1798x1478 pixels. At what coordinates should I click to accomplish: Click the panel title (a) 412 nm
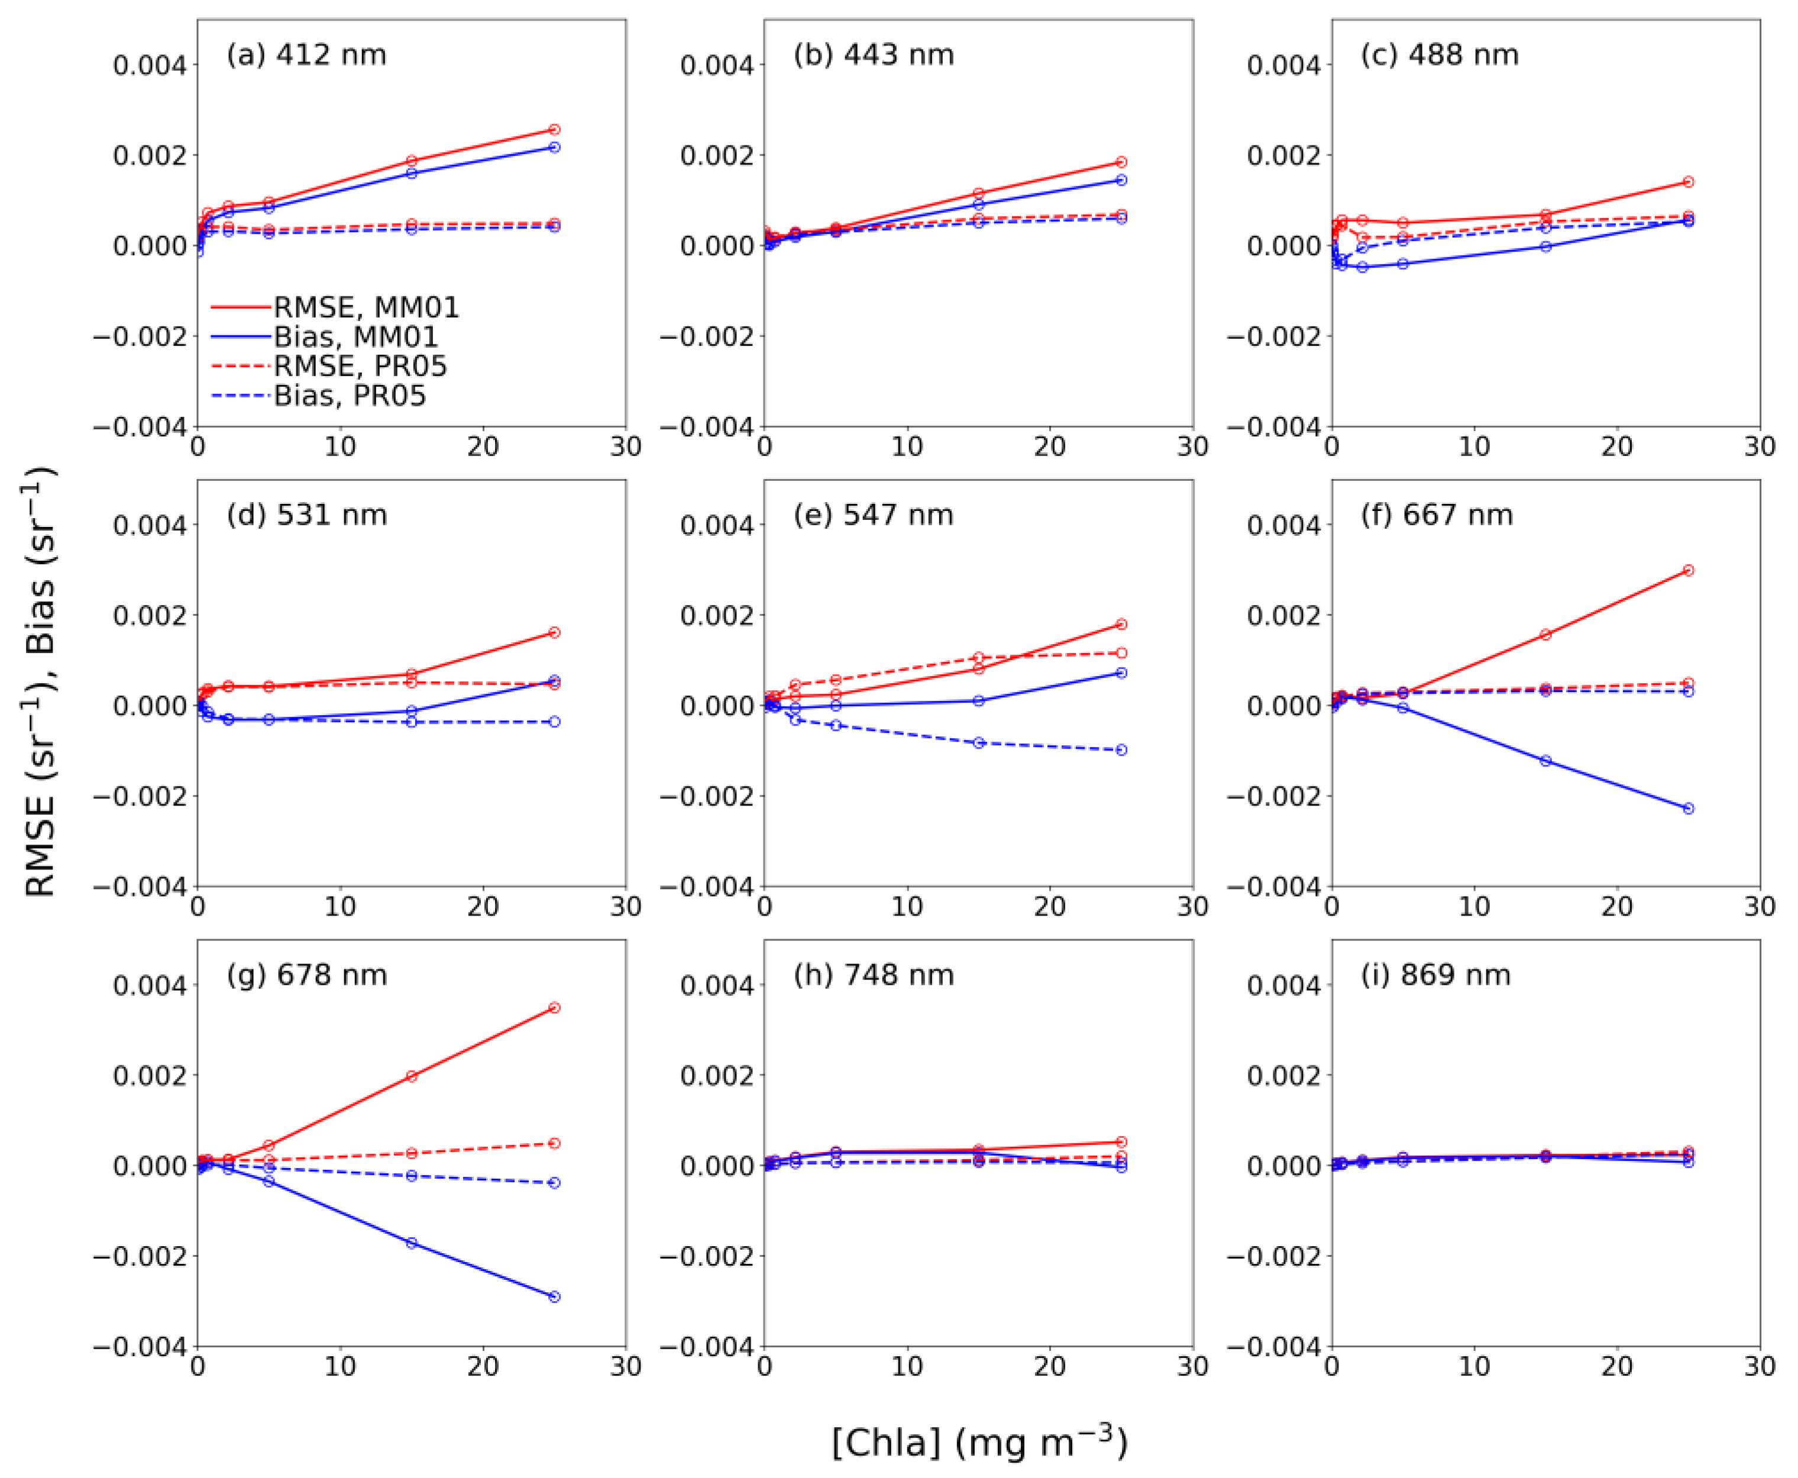[306, 56]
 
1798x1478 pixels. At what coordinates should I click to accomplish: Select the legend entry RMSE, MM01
[366, 308]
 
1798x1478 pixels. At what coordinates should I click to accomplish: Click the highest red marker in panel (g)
[554, 1007]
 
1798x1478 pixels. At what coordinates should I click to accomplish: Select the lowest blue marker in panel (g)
[554, 1296]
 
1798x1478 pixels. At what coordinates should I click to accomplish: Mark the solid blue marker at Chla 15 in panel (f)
[1546, 760]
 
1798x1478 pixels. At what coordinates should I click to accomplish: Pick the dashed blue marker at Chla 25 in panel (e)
[1121, 750]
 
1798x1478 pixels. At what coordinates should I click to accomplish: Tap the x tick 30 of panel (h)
[1192, 1367]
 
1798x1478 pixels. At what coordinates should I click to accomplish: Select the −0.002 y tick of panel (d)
[139, 797]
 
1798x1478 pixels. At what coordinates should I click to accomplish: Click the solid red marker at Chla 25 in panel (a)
[554, 130]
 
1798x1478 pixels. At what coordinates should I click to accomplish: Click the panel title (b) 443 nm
[874, 56]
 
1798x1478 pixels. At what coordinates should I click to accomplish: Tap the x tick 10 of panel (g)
[341, 1367]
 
